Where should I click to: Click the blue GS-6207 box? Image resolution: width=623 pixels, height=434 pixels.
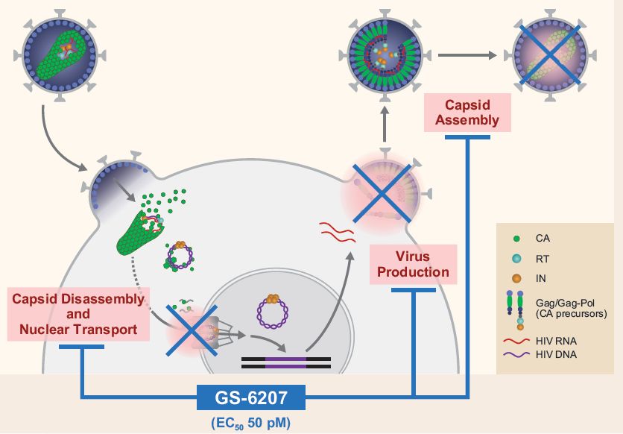(252, 397)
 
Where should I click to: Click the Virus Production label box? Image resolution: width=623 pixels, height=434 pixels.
(413, 264)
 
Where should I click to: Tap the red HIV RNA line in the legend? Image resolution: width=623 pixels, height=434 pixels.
(519, 340)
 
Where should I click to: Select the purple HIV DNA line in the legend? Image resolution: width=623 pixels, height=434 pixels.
(519, 354)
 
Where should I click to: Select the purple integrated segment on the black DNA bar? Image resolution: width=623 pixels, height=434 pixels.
(285, 363)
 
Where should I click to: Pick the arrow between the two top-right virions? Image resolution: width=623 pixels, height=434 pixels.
(467, 54)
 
